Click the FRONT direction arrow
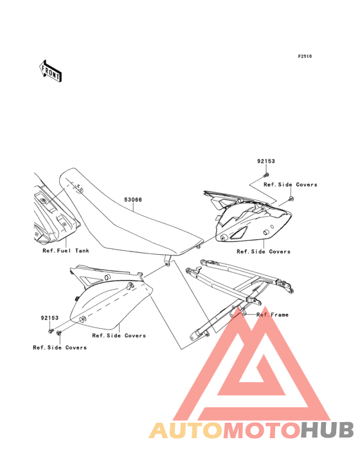51,71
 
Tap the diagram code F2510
305,56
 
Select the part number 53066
133,199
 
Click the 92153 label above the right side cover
265,161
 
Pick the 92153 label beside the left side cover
50,318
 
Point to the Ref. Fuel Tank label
66,250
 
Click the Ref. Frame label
273,315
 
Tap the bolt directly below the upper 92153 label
266,174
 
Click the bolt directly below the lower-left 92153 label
51,331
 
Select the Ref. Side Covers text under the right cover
264,252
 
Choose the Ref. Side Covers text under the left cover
119,335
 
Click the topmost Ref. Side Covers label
291,185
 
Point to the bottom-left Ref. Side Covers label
60,347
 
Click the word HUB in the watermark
328,430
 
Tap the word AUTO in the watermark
186,430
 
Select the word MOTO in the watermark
262,430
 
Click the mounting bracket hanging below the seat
166,261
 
